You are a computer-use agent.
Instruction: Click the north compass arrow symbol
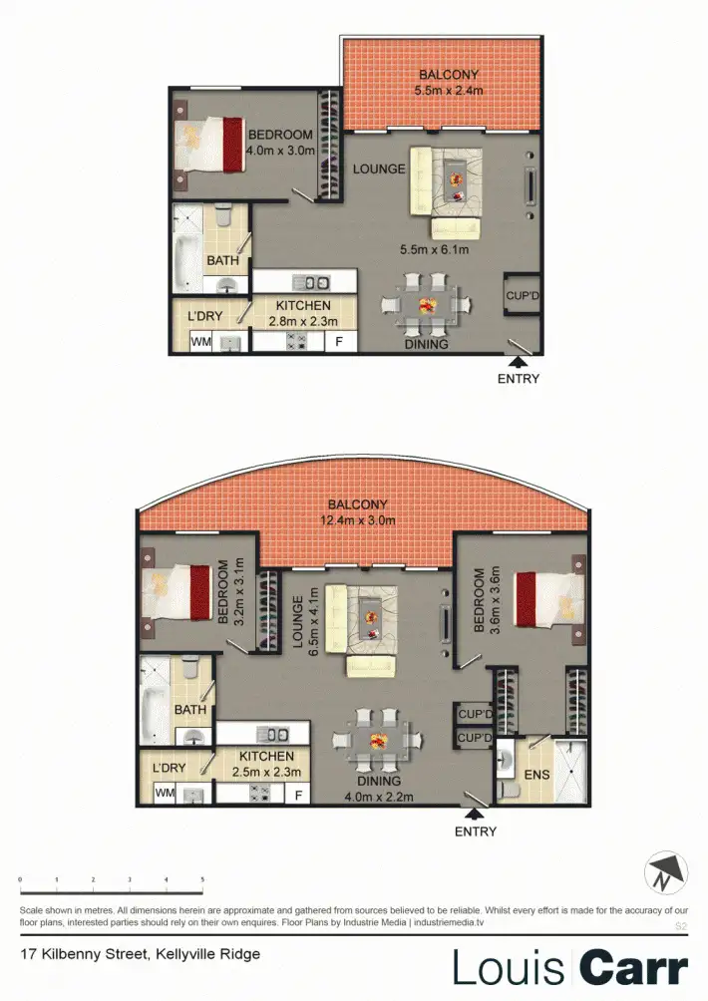(666, 873)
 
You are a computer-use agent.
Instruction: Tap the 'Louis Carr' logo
(570, 967)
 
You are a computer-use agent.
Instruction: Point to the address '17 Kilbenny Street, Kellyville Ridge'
(141, 954)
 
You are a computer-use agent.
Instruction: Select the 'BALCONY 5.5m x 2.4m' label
(450, 83)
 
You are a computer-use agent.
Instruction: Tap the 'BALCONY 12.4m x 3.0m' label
(362, 512)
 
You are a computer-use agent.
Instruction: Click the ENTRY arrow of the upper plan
(519, 362)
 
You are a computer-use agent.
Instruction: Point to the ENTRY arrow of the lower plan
(475, 815)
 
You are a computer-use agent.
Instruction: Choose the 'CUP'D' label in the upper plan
(522, 296)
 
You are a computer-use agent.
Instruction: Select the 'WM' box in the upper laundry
(201, 342)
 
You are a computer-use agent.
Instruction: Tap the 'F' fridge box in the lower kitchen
(297, 796)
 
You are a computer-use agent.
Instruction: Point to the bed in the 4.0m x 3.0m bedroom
(210, 149)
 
